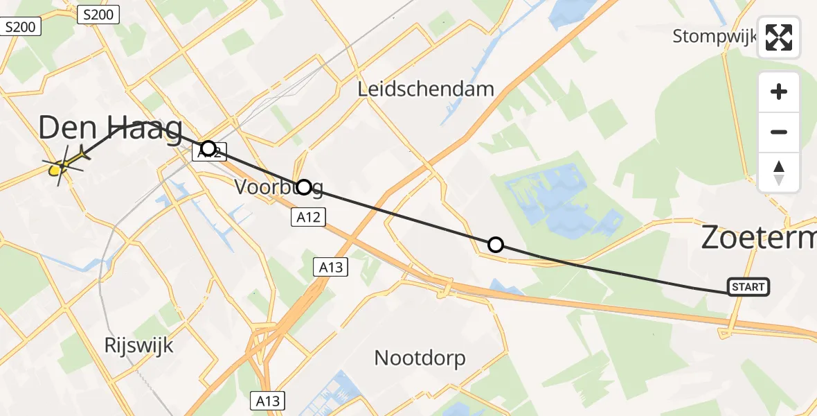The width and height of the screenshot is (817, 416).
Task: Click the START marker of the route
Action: [748, 287]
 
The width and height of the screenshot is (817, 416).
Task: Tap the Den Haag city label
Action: [111, 130]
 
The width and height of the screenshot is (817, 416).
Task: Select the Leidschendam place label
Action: [427, 89]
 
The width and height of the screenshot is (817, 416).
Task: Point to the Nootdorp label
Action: [420, 358]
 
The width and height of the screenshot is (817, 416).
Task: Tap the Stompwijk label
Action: [715, 36]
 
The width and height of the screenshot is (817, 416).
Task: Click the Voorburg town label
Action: [278, 187]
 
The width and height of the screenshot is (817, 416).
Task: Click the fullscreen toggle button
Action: [779, 37]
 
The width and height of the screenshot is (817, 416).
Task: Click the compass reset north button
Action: [779, 173]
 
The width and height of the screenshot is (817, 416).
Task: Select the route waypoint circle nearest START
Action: [496, 245]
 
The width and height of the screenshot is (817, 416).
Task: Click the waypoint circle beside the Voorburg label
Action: [303, 187]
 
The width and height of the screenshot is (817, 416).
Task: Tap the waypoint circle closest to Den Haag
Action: [208, 148]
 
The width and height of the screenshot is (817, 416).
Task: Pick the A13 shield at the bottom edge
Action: [267, 401]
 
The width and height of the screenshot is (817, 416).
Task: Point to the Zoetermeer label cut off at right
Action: [758, 238]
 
